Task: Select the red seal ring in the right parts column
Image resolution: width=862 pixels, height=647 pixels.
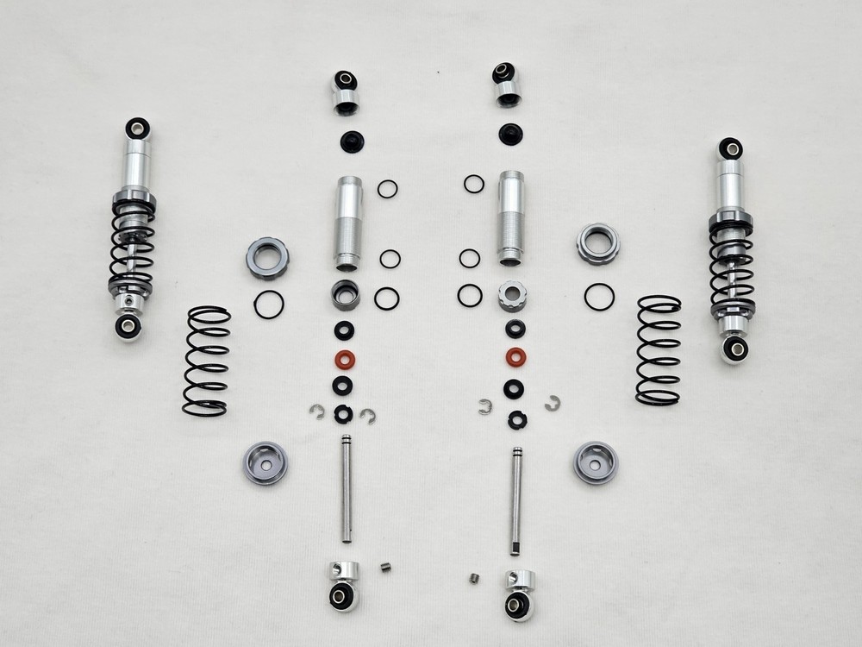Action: pyautogui.click(x=515, y=355)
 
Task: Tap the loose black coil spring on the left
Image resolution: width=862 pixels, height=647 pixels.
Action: pyautogui.click(x=207, y=361)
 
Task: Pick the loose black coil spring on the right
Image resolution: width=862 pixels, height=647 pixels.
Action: pyautogui.click(x=659, y=349)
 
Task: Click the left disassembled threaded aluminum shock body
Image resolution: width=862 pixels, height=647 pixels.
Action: pyautogui.click(x=348, y=223)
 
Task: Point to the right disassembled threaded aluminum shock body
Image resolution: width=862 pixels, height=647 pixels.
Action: pyautogui.click(x=510, y=217)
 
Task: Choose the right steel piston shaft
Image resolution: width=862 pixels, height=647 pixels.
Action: pyautogui.click(x=515, y=499)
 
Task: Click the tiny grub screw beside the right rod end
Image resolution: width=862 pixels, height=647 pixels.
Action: pyautogui.click(x=474, y=577)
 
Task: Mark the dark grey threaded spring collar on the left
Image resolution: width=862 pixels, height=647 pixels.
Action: pyautogui.click(x=267, y=258)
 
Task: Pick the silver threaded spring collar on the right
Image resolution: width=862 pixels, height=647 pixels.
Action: pyautogui.click(x=597, y=243)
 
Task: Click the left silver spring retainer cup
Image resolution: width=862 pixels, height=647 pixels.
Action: pyautogui.click(x=265, y=462)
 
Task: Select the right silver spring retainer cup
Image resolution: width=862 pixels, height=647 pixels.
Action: pyautogui.click(x=596, y=462)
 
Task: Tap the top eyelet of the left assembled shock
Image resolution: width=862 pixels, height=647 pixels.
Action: pyautogui.click(x=137, y=129)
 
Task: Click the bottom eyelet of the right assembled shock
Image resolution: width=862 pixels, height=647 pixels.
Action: pyautogui.click(x=734, y=349)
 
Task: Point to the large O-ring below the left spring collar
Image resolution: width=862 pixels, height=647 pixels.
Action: pyautogui.click(x=269, y=304)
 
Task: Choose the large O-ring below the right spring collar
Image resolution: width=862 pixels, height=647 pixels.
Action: pyautogui.click(x=599, y=297)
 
